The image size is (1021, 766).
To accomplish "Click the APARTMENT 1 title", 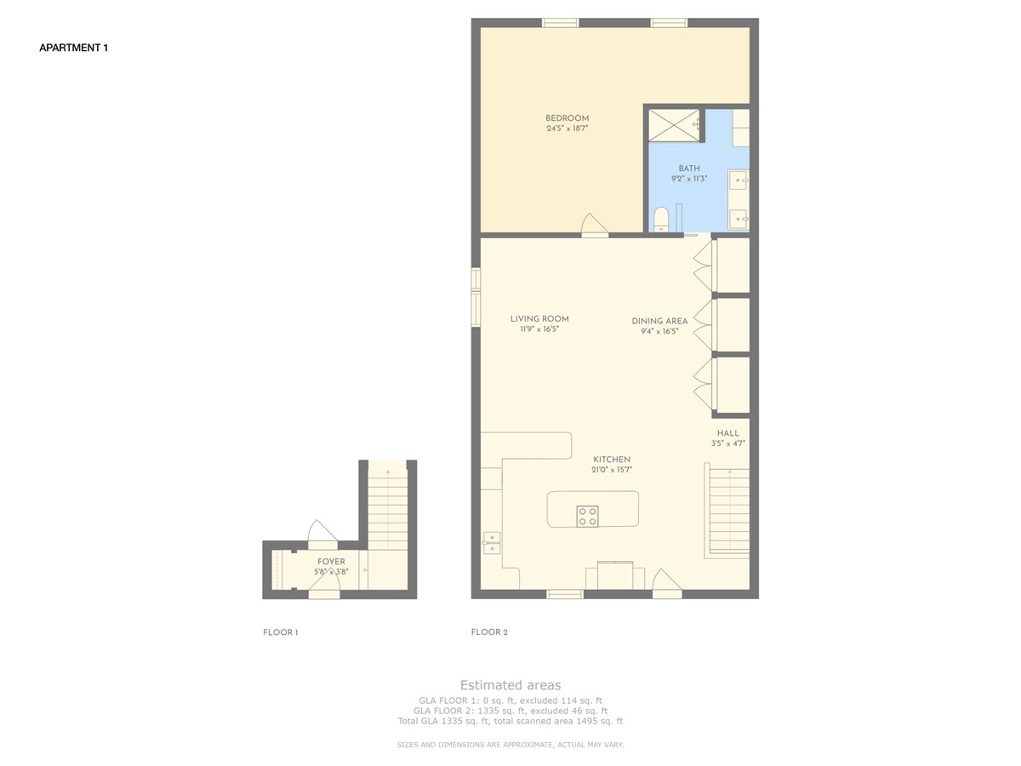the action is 73,48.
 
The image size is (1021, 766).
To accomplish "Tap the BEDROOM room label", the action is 567,118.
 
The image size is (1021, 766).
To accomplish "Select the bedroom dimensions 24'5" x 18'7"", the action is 567,129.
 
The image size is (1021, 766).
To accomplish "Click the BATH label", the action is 689,169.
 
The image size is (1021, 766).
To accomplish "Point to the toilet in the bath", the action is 661,220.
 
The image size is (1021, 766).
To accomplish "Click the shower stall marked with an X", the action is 674,125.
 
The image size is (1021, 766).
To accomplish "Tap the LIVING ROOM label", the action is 539,318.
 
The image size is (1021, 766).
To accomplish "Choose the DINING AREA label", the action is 659,321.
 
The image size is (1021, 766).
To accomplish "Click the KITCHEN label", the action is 612,459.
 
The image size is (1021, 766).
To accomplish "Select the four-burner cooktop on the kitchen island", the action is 587,517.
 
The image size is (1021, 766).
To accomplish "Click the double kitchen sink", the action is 492,543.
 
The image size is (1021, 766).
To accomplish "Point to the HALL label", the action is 728,433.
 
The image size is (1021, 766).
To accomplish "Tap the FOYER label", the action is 331,562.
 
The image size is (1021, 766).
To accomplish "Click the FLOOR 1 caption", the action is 281,632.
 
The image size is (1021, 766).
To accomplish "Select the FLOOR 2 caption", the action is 489,632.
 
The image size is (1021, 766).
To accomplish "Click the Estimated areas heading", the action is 510,684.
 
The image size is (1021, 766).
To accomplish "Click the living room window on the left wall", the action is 476,297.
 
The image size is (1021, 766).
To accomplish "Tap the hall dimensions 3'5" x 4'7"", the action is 728,443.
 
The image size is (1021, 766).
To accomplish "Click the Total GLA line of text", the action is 510,721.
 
